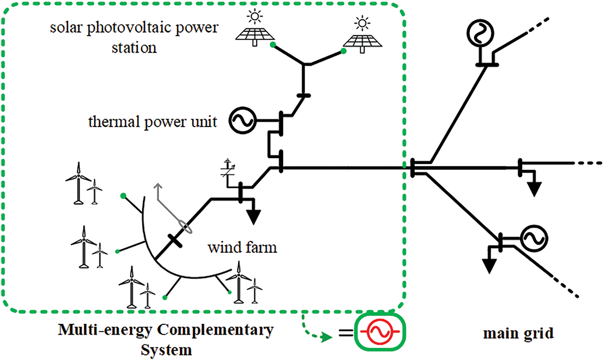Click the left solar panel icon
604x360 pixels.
click(254, 33)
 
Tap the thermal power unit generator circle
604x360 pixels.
click(242, 120)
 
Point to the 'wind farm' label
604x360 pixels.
click(242, 247)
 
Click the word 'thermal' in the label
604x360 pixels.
click(107, 121)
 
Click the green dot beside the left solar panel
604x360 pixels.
click(272, 45)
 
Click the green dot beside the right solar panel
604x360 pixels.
click(344, 52)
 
